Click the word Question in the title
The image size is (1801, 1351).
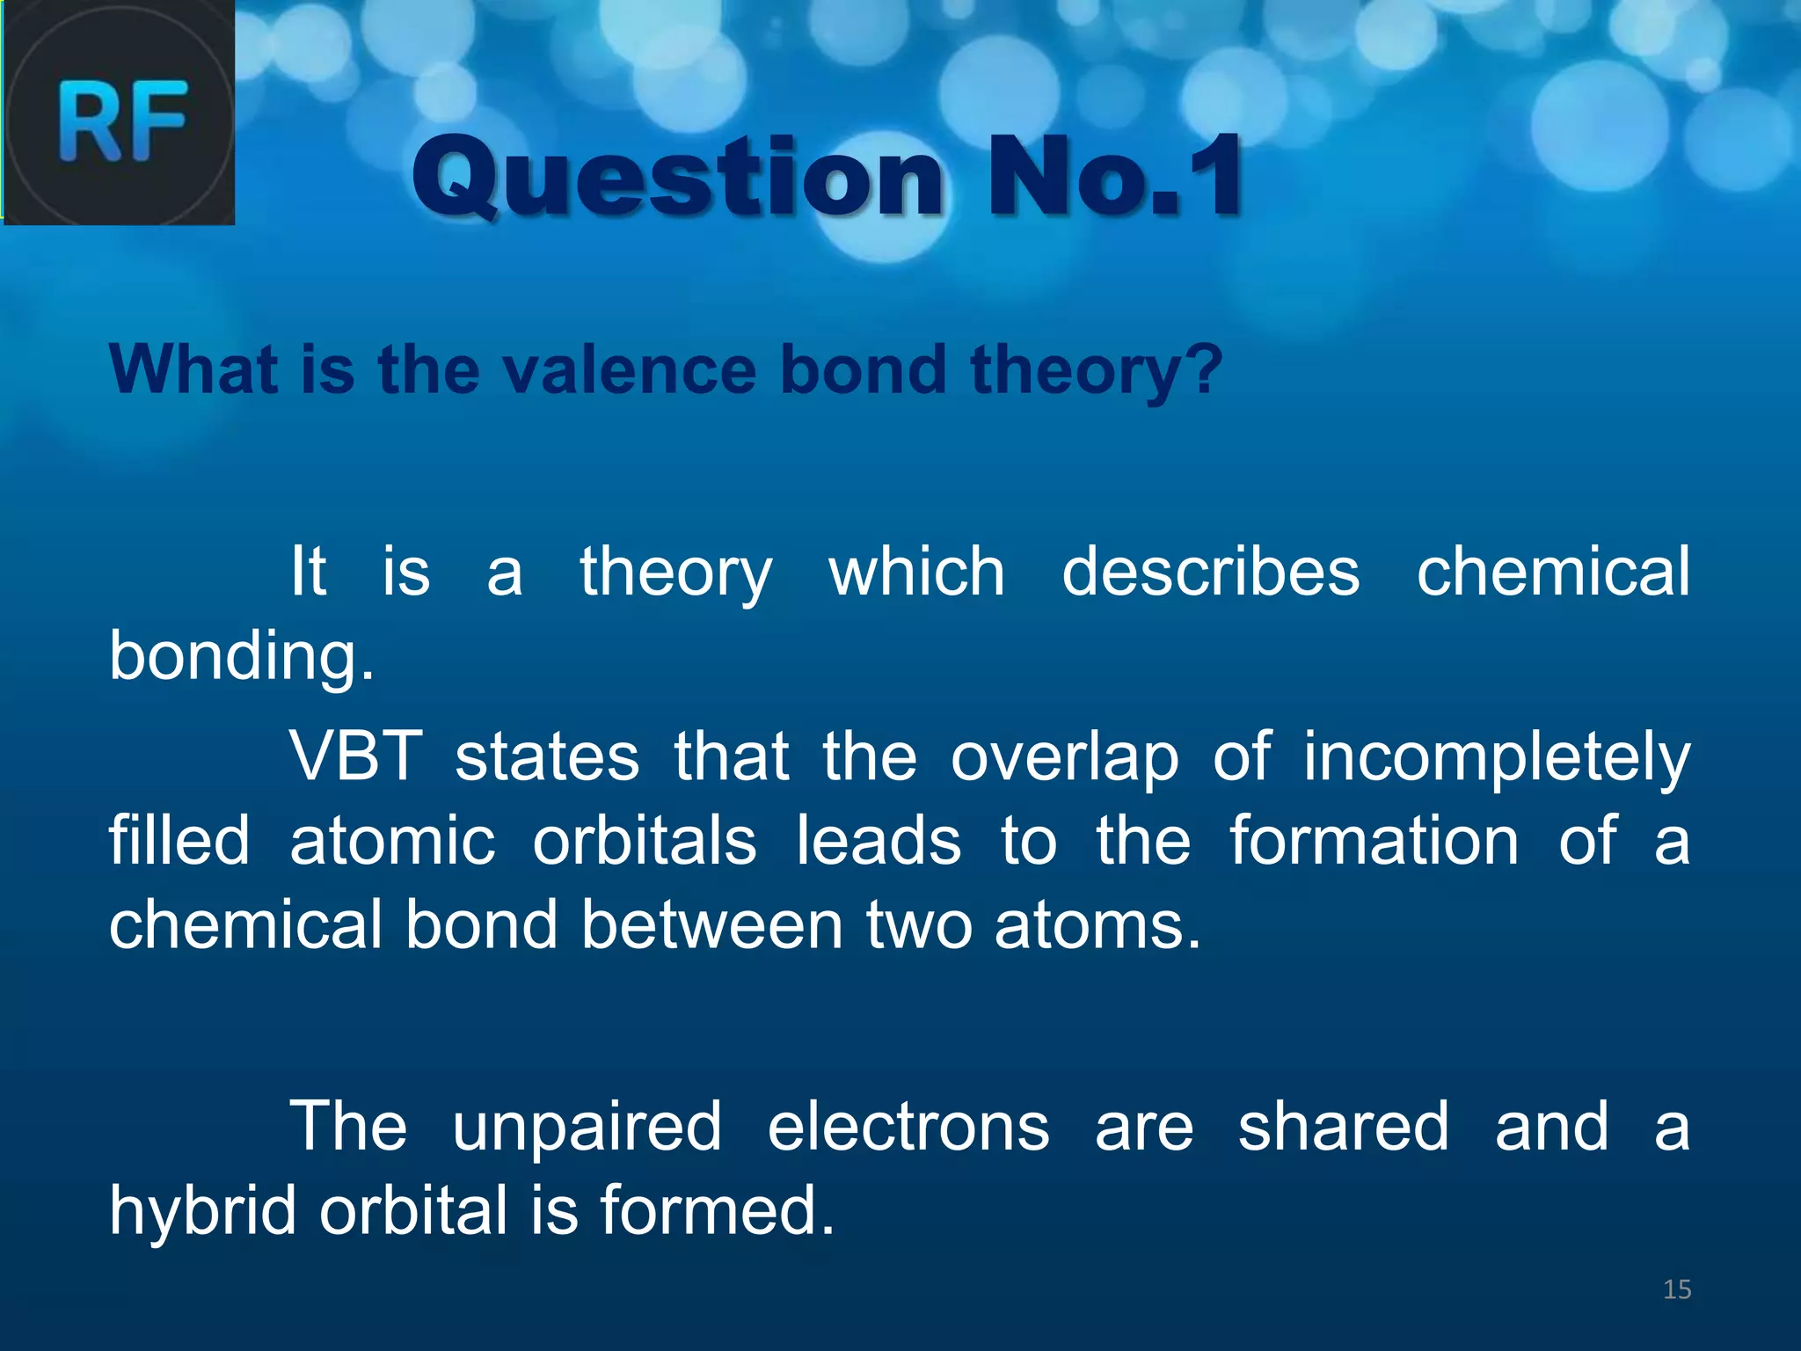click(x=677, y=179)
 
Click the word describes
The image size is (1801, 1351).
click(x=1211, y=572)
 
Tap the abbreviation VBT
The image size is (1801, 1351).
click(x=356, y=756)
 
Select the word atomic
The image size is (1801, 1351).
click(x=392, y=841)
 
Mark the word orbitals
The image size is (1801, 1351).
click(x=645, y=841)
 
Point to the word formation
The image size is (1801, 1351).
click(x=1374, y=841)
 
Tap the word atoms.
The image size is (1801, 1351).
click(x=1097, y=927)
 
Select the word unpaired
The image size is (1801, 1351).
click(x=587, y=1128)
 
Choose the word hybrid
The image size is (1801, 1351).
click(x=202, y=1211)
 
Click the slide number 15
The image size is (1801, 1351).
click(x=1677, y=1289)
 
